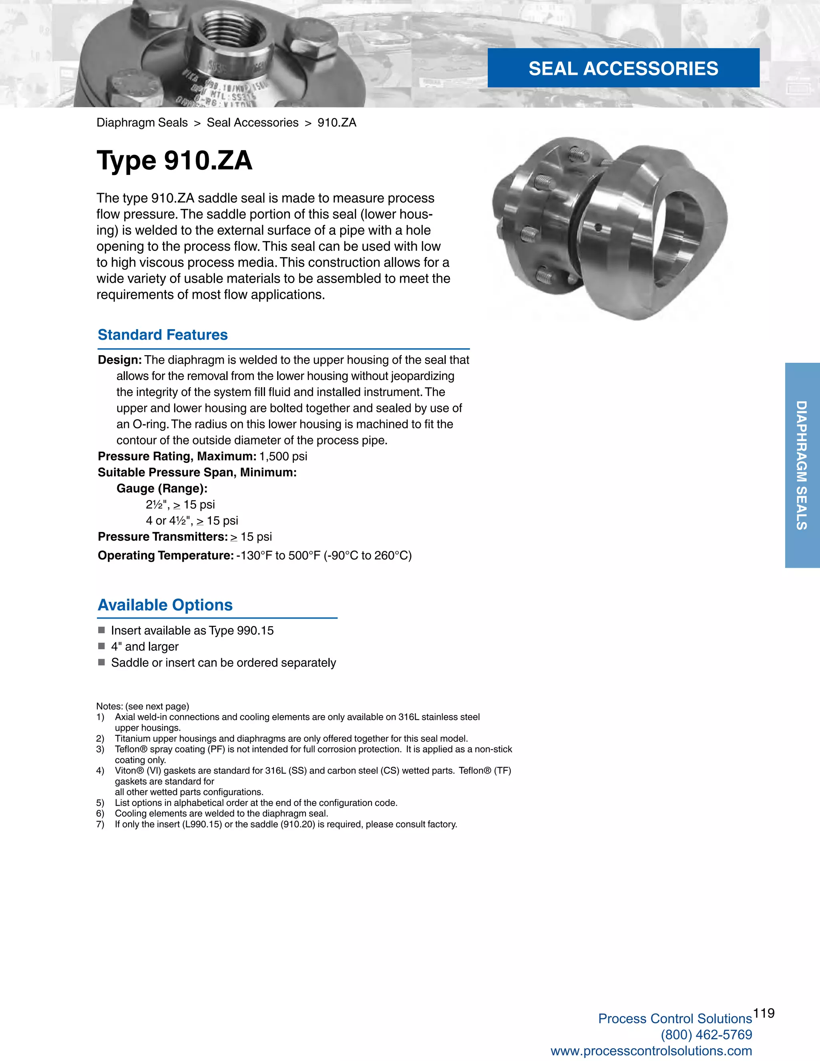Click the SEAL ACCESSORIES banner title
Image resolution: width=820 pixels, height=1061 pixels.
(623, 68)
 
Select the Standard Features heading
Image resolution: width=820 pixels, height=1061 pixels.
(163, 335)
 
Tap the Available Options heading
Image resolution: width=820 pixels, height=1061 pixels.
(165, 605)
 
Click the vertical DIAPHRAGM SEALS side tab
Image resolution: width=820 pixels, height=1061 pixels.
(802, 465)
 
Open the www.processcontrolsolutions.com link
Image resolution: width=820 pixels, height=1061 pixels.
(651, 1051)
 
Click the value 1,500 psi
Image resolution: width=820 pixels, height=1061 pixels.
(283, 456)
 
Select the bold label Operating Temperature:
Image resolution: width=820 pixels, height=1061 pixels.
(166, 555)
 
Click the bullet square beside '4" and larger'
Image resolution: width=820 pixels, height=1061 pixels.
(102, 646)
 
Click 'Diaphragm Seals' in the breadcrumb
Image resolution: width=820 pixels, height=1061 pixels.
(142, 123)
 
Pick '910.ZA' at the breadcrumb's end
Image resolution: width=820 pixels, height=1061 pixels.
(337, 123)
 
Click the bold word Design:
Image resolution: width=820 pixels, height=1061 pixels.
(119, 360)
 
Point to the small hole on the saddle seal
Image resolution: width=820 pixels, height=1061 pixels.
(599, 227)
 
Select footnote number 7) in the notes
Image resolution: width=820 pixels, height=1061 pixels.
(100, 824)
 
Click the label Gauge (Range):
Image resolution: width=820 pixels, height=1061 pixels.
(162, 488)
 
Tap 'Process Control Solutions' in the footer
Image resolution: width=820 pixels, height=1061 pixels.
(675, 1019)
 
